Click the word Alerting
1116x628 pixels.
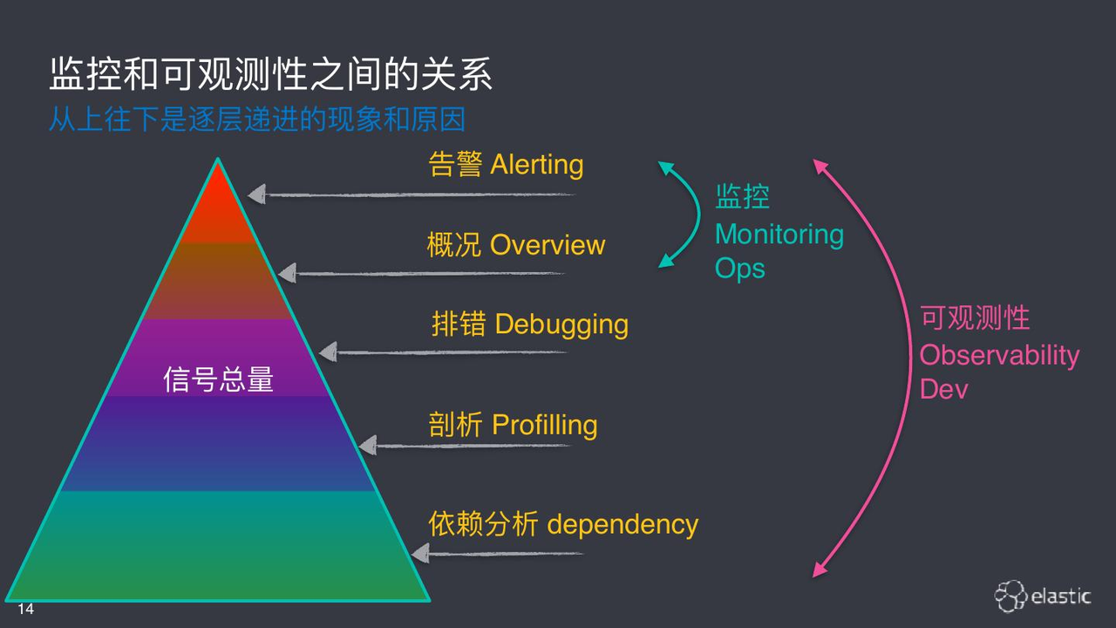tap(536, 165)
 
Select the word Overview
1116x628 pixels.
tap(548, 245)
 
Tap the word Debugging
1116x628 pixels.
tap(561, 324)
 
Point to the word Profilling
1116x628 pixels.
tap(545, 425)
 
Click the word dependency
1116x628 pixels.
tap(623, 525)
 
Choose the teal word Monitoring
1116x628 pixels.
tap(779, 235)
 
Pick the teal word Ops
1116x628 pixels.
tap(740, 270)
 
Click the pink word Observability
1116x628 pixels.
tap(999, 355)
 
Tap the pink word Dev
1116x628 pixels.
tap(943, 389)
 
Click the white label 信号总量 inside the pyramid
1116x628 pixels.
tap(218, 379)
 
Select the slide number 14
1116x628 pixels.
tap(25, 609)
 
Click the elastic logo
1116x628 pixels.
tap(1043, 596)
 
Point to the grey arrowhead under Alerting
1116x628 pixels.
tap(256, 194)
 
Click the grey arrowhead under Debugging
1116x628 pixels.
tap(328, 352)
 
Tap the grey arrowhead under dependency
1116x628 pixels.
tap(420, 553)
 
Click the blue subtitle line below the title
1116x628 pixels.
tap(257, 119)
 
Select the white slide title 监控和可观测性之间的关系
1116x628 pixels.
tap(271, 74)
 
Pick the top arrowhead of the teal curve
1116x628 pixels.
tap(665, 167)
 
